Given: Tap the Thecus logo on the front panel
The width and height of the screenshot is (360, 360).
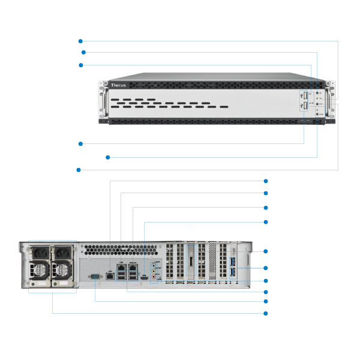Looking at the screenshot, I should coord(118,86).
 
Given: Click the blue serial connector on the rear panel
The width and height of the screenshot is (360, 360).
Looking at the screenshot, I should coord(95,276).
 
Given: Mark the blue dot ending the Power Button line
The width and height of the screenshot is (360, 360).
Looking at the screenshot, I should coord(83,52).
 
